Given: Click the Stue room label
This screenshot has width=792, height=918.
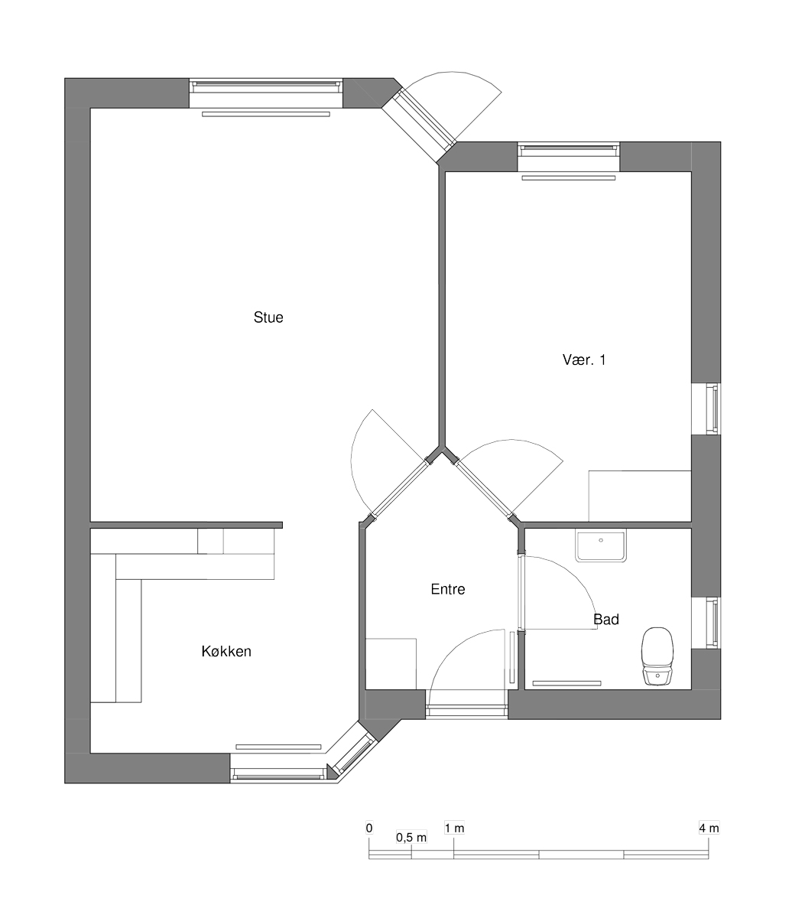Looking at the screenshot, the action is coord(268,317).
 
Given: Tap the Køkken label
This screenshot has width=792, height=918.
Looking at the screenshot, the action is coord(226,652).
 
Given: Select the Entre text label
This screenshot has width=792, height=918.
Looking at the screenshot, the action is coord(448,589).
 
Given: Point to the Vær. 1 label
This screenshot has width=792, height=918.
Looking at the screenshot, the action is coord(584,360).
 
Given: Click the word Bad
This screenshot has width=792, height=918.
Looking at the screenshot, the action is coord(606,620).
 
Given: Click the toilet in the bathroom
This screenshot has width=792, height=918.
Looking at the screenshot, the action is coord(657,656).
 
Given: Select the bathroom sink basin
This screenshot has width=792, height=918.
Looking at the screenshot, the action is coord(601,545).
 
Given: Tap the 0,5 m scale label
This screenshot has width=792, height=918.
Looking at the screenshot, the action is coord(411,838).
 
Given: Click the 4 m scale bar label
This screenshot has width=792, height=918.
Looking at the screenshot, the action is coord(709,828).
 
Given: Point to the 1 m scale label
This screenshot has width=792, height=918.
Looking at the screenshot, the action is coord(455,828).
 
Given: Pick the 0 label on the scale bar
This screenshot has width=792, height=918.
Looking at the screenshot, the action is coord(369,828).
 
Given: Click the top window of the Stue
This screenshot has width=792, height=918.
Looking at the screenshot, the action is coord(266,93).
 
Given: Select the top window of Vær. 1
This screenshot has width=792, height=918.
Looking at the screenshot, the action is coord(569,157).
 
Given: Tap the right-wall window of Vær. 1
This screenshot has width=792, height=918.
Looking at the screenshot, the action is coord(706,409).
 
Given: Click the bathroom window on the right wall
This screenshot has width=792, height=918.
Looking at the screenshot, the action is coord(706,623).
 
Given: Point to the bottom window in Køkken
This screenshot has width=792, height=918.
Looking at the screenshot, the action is coord(279,768).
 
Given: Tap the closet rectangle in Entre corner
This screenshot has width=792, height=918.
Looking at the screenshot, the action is coord(391,664).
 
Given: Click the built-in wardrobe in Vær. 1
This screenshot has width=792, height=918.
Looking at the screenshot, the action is coord(640,496).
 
